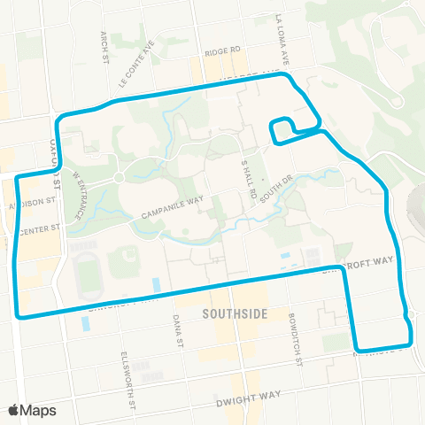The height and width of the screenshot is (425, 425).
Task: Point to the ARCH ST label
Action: tap(104, 39)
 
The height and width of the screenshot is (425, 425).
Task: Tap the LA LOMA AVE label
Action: tap(282, 41)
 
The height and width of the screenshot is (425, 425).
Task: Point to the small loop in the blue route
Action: tap(282, 129)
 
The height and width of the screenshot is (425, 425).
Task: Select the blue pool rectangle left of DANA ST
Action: tap(157, 285)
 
